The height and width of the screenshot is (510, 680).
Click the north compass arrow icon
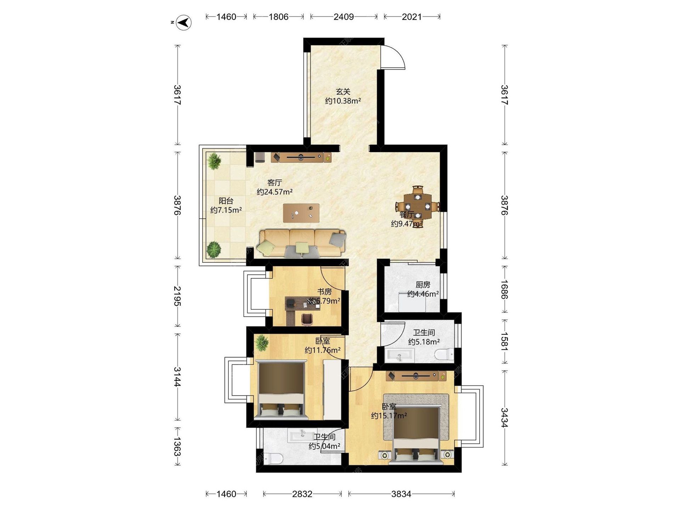pyautogui.click(x=183, y=23)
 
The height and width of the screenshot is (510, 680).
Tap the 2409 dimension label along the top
pyautogui.click(x=344, y=17)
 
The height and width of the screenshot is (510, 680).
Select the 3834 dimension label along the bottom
pyautogui.click(x=401, y=494)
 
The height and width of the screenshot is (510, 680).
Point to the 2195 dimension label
pyautogui.click(x=177, y=296)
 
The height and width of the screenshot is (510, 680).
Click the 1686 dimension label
pyautogui.click(x=505, y=289)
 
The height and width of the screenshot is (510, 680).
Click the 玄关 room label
pyautogui.click(x=343, y=92)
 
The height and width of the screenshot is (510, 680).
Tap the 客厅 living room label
pyautogui.click(x=274, y=183)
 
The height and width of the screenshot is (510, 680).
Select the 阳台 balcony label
pyautogui.click(x=226, y=201)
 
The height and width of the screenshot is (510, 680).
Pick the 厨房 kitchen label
pyautogui.click(x=423, y=285)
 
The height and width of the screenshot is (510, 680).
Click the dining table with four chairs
pyautogui.click(x=418, y=206)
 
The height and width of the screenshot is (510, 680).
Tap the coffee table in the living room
pyautogui.click(x=301, y=213)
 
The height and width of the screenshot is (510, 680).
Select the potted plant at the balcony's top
pyautogui.click(x=214, y=161)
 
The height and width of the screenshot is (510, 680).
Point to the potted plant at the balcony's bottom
pyautogui.click(x=214, y=250)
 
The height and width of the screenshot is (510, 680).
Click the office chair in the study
pyautogui.click(x=307, y=319)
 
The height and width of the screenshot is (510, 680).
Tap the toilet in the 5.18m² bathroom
pyautogui.click(x=444, y=354)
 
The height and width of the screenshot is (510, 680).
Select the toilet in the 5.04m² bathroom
pyautogui.click(x=273, y=459)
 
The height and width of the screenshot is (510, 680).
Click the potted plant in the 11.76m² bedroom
pyautogui.click(x=262, y=342)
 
